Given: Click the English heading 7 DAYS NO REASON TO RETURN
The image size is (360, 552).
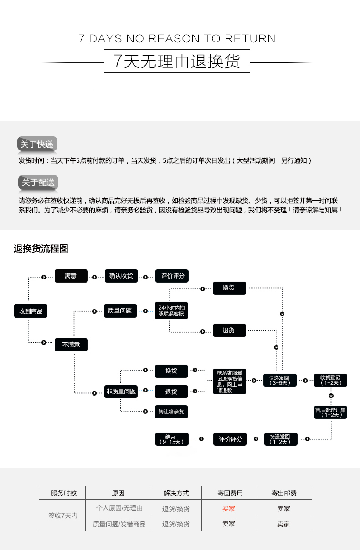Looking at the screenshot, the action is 177,39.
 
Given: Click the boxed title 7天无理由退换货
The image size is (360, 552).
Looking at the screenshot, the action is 177,61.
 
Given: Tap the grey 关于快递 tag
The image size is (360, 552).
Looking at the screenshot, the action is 37,144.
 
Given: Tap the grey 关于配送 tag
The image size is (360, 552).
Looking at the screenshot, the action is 38,182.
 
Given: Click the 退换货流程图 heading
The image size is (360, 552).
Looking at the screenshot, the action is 41,249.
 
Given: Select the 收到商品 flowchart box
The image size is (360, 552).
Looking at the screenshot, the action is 31,311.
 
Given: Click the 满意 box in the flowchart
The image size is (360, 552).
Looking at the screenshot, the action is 71,276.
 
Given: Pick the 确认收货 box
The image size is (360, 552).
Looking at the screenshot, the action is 121,276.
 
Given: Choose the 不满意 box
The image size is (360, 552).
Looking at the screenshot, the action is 71,345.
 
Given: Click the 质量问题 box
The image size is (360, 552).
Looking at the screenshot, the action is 120,311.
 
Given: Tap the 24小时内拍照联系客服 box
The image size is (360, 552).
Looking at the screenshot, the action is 171,311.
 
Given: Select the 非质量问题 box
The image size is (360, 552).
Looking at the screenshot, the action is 121,392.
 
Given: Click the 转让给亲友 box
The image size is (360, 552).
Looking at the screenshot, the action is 171,412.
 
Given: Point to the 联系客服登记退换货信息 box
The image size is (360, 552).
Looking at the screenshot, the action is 230,382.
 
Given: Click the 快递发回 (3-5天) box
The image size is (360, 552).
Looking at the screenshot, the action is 280,380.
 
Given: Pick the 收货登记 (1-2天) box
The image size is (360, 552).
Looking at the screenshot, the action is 330,380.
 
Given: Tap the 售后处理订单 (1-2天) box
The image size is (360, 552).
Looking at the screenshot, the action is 330,412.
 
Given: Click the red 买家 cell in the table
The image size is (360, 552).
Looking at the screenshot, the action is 229,509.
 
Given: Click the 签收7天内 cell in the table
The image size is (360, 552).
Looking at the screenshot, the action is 62,516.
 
